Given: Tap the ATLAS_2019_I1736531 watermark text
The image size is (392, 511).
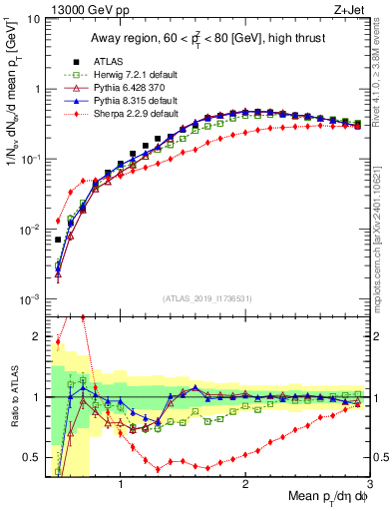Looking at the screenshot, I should click(206, 298).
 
